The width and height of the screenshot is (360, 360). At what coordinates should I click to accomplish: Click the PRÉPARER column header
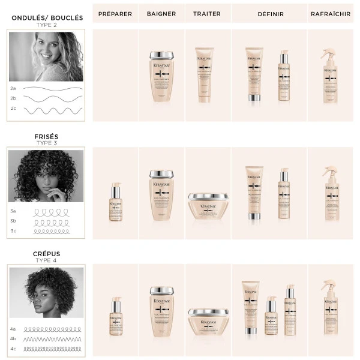pyautogui.click(x=115, y=13)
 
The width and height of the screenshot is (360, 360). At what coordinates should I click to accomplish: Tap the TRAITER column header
pyautogui.click(x=207, y=13)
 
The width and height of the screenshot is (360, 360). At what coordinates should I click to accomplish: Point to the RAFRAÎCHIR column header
pyautogui.click(x=331, y=13)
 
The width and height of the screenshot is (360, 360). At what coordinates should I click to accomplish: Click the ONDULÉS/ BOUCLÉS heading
pyautogui.click(x=47, y=18)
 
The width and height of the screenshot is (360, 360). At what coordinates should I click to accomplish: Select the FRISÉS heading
pyautogui.click(x=47, y=137)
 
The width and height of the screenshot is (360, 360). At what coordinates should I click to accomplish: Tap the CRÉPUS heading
pyautogui.click(x=47, y=254)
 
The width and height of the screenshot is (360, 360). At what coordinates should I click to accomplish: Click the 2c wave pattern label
pyautogui.click(x=13, y=109)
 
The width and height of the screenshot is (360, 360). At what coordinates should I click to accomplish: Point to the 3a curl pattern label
pyautogui.click(x=13, y=211)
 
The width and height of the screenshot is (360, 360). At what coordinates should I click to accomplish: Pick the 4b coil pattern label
pyautogui.click(x=13, y=338)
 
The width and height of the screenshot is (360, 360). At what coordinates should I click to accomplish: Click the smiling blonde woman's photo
pyautogui.click(x=46, y=56)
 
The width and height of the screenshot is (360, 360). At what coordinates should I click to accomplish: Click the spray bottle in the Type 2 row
pyautogui.click(x=330, y=76)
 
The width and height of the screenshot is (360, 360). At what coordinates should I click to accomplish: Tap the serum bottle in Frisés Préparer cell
pyautogui.click(x=115, y=203)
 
